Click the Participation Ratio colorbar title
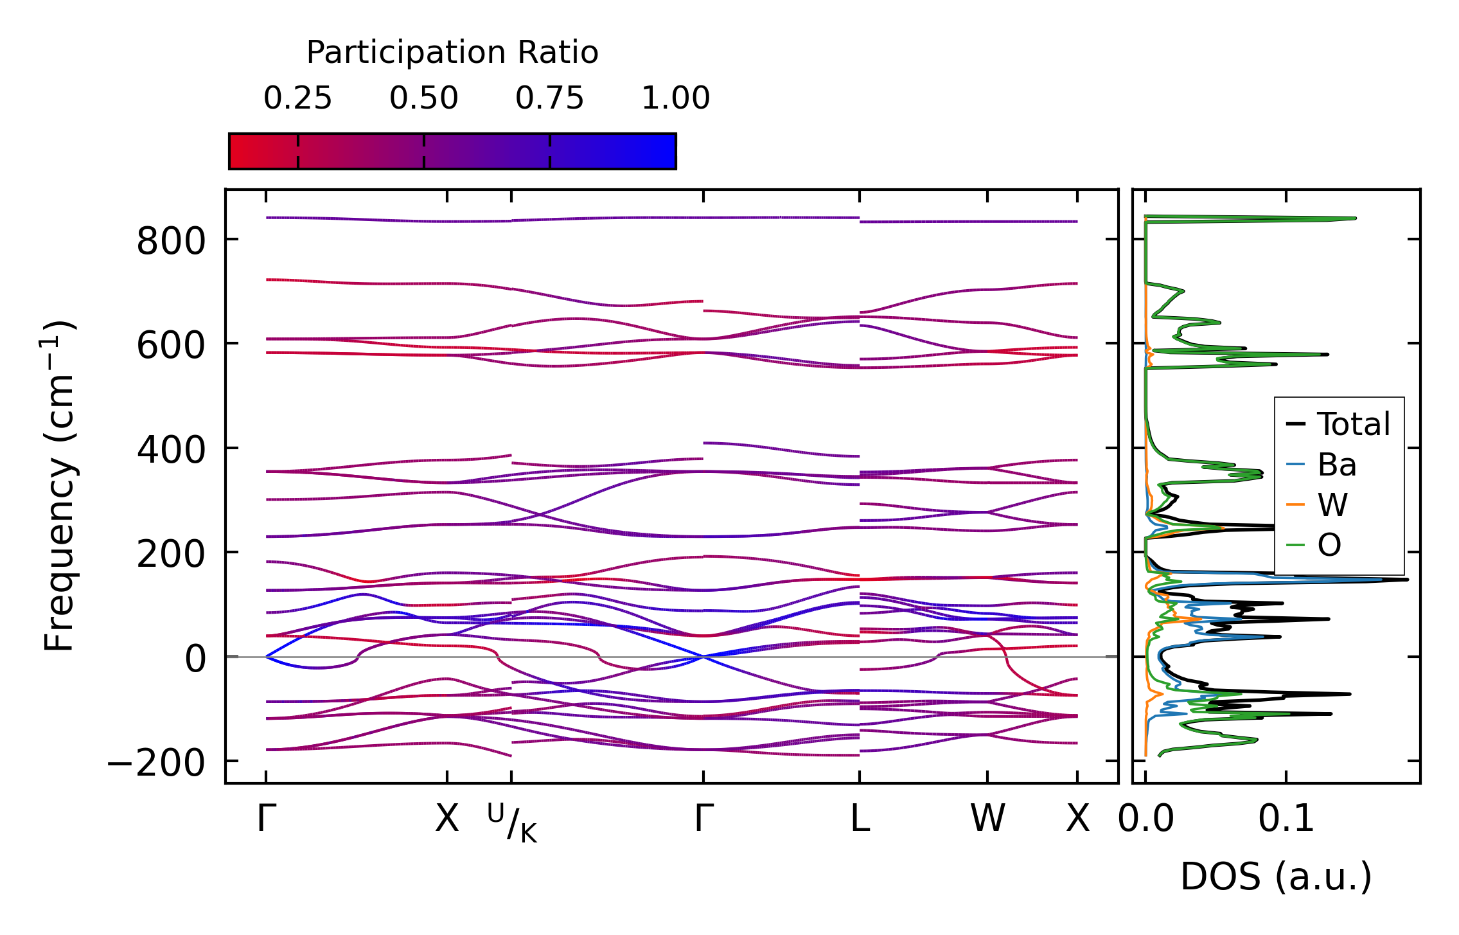(452, 53)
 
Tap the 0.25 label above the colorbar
(297, 98)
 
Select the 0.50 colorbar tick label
(423, 98)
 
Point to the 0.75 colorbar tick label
(549, 98)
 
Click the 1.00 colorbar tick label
(675, 98)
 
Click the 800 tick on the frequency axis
(171, 242)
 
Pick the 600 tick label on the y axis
(171, 346)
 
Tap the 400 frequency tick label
(171, 450)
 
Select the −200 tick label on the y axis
(156, 764)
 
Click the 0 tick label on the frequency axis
(195, 659)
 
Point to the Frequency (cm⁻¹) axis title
(59, 486)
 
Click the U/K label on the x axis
(511, 822)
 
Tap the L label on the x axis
(860, 819)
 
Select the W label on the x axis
(987, 819)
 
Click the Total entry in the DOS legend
(1353, 424)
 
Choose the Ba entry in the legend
(1336, 465)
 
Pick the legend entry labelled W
(1332, 505)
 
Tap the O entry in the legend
(1329, 546)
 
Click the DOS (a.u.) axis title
(1276, 877)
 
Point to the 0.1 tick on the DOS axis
(1286, 819)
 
